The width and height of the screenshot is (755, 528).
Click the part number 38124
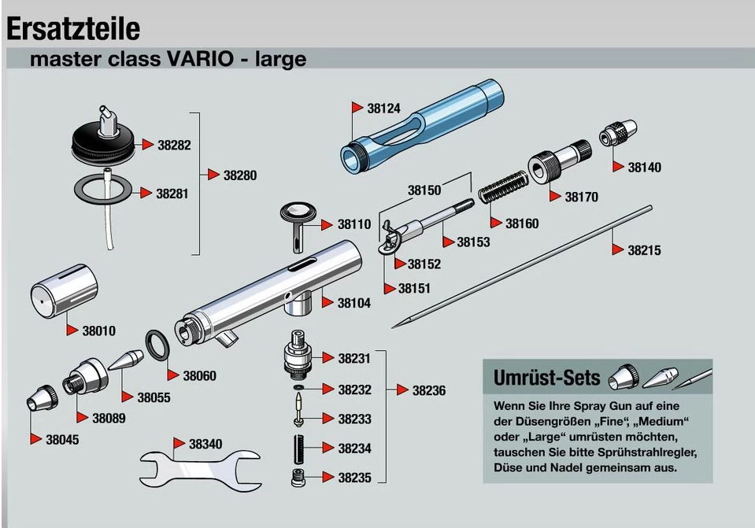(x=383, y=109)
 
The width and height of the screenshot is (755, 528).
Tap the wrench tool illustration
(x=200, y=469)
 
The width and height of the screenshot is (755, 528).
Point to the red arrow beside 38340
(x=179, y=443)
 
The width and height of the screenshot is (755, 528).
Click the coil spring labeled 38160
(x=504, y=186)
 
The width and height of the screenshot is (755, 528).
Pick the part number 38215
(x=644, y=250)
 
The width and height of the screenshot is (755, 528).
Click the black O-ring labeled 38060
(x=158, y=345)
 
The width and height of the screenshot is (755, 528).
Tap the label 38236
(x=429, y=390)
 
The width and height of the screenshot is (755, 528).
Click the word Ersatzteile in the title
(x=73, y=29)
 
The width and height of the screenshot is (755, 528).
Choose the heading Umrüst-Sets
(x=547, y=378)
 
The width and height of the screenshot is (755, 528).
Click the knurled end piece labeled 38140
(x=618, y=133)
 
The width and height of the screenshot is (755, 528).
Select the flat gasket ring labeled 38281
(x=102, y=189)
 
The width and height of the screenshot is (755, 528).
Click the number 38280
(x=240, y=175)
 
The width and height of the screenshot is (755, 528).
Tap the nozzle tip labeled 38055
(x=126, y=360)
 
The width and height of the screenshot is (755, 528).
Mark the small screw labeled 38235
(x=298, y=477)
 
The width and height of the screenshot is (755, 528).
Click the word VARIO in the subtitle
(x=200, y=59)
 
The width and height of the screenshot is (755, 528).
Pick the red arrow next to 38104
(x=328, y=302)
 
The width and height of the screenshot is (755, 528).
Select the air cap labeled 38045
(x=42, y=398)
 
